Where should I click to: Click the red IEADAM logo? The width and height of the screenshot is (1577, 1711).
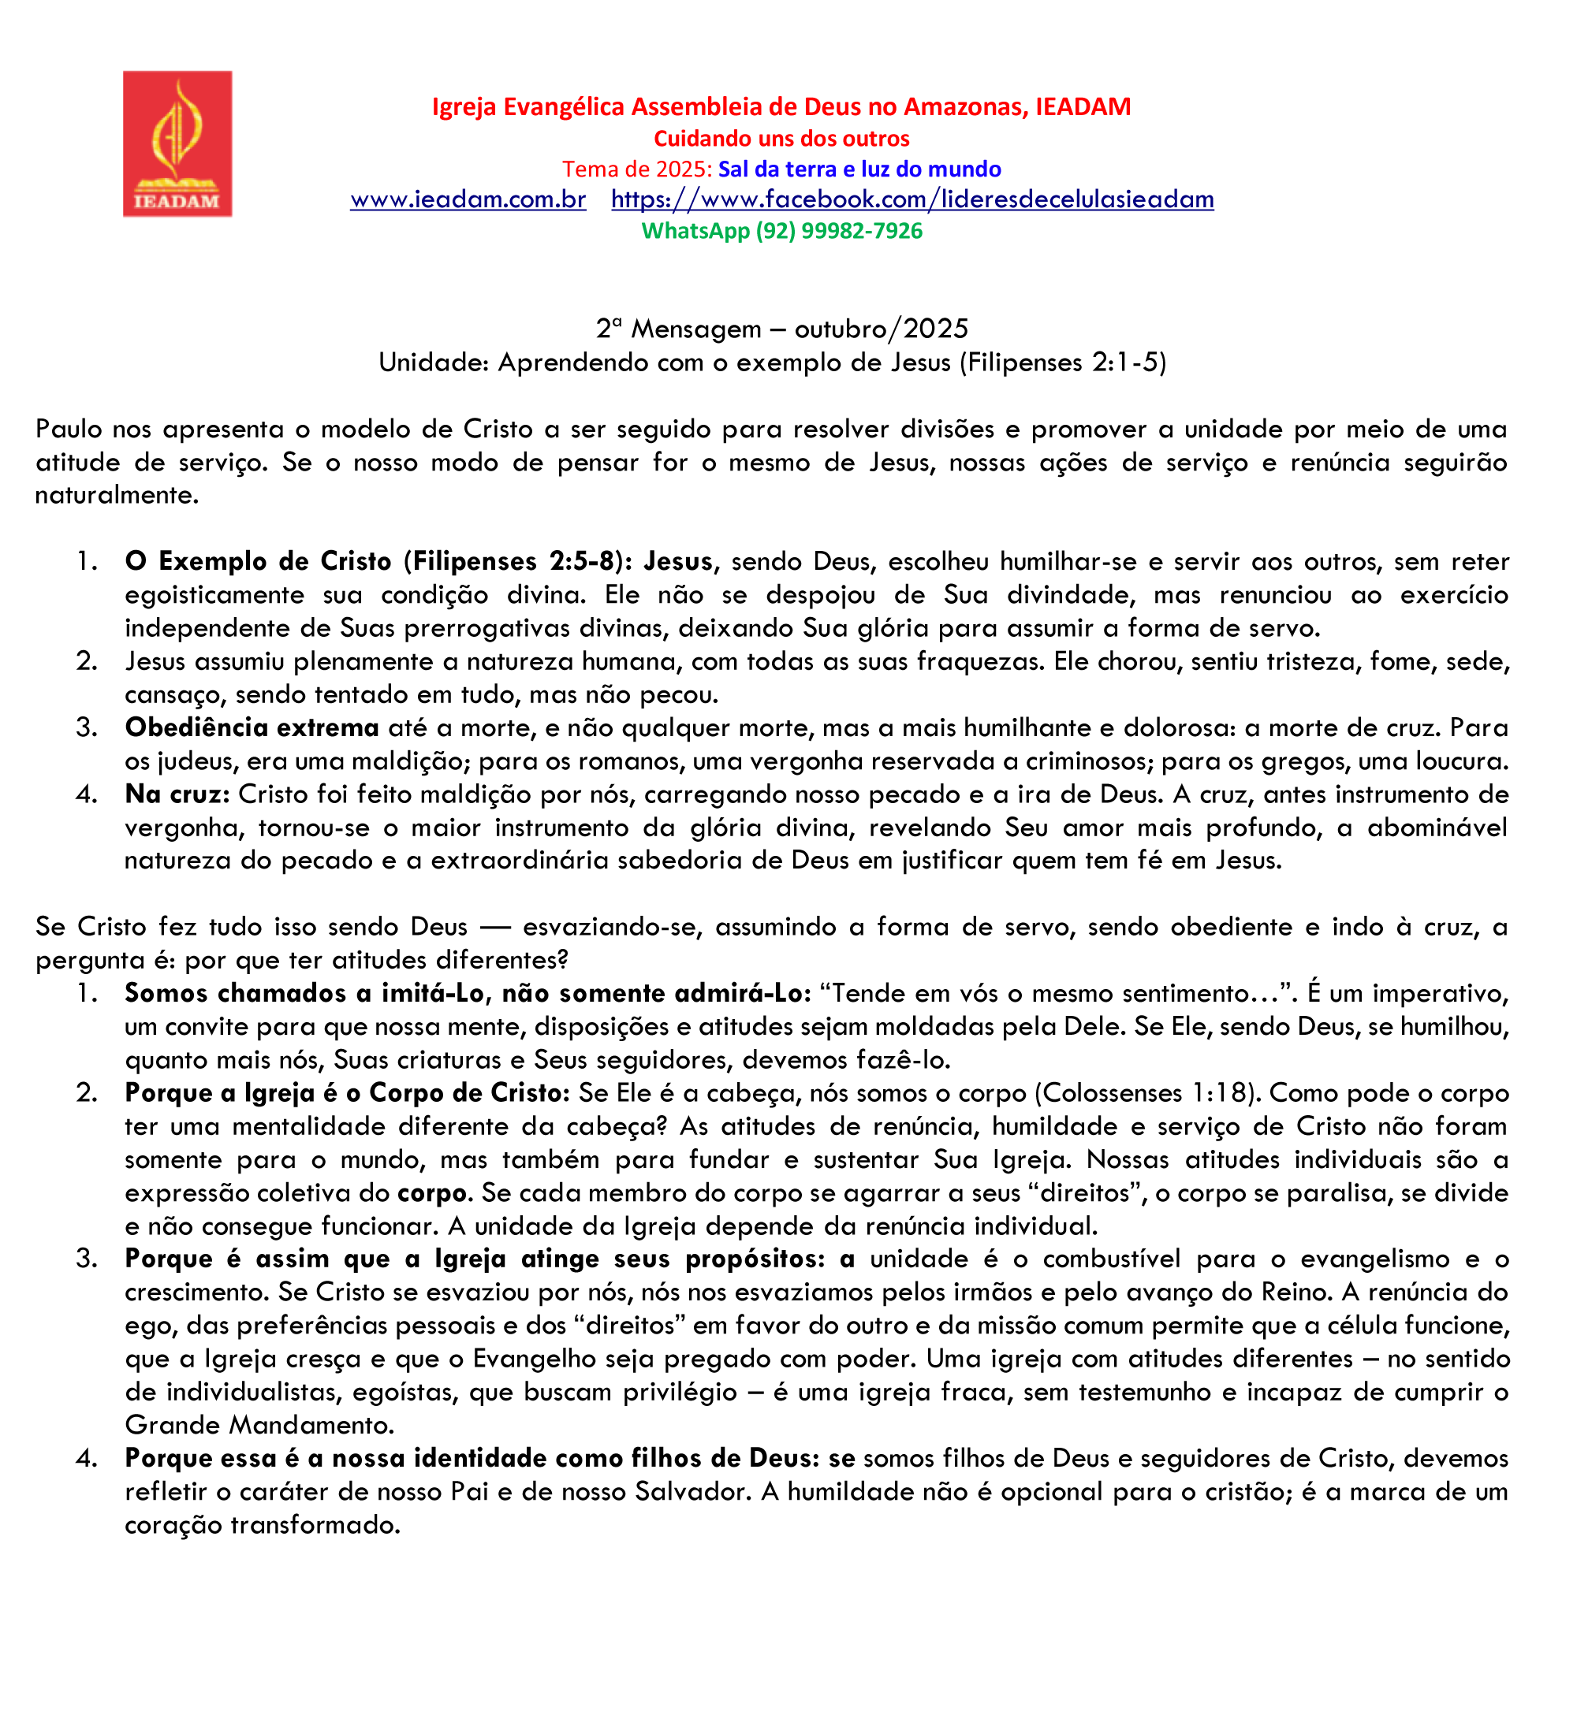177,143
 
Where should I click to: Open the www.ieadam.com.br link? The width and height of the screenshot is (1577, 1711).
468,199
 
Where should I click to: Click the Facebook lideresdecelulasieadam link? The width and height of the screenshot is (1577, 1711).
912,199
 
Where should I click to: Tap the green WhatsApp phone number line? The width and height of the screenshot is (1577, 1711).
781,231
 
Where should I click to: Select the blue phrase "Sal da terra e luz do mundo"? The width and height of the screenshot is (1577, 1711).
859,169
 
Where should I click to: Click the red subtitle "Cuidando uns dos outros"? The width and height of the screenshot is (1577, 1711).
781,138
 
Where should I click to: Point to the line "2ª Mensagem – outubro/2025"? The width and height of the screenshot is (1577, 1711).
781,329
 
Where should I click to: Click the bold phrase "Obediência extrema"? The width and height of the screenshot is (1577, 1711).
252,727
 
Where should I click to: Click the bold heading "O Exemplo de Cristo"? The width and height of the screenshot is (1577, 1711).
258,561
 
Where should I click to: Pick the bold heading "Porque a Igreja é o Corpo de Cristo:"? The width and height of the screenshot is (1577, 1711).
346,1092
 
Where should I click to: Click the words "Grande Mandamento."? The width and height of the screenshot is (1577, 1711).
259,1424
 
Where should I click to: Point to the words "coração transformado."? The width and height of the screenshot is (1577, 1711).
263,1524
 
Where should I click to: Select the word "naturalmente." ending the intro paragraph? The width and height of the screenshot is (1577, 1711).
117,495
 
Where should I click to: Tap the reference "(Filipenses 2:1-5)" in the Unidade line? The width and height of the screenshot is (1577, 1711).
1062,363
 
